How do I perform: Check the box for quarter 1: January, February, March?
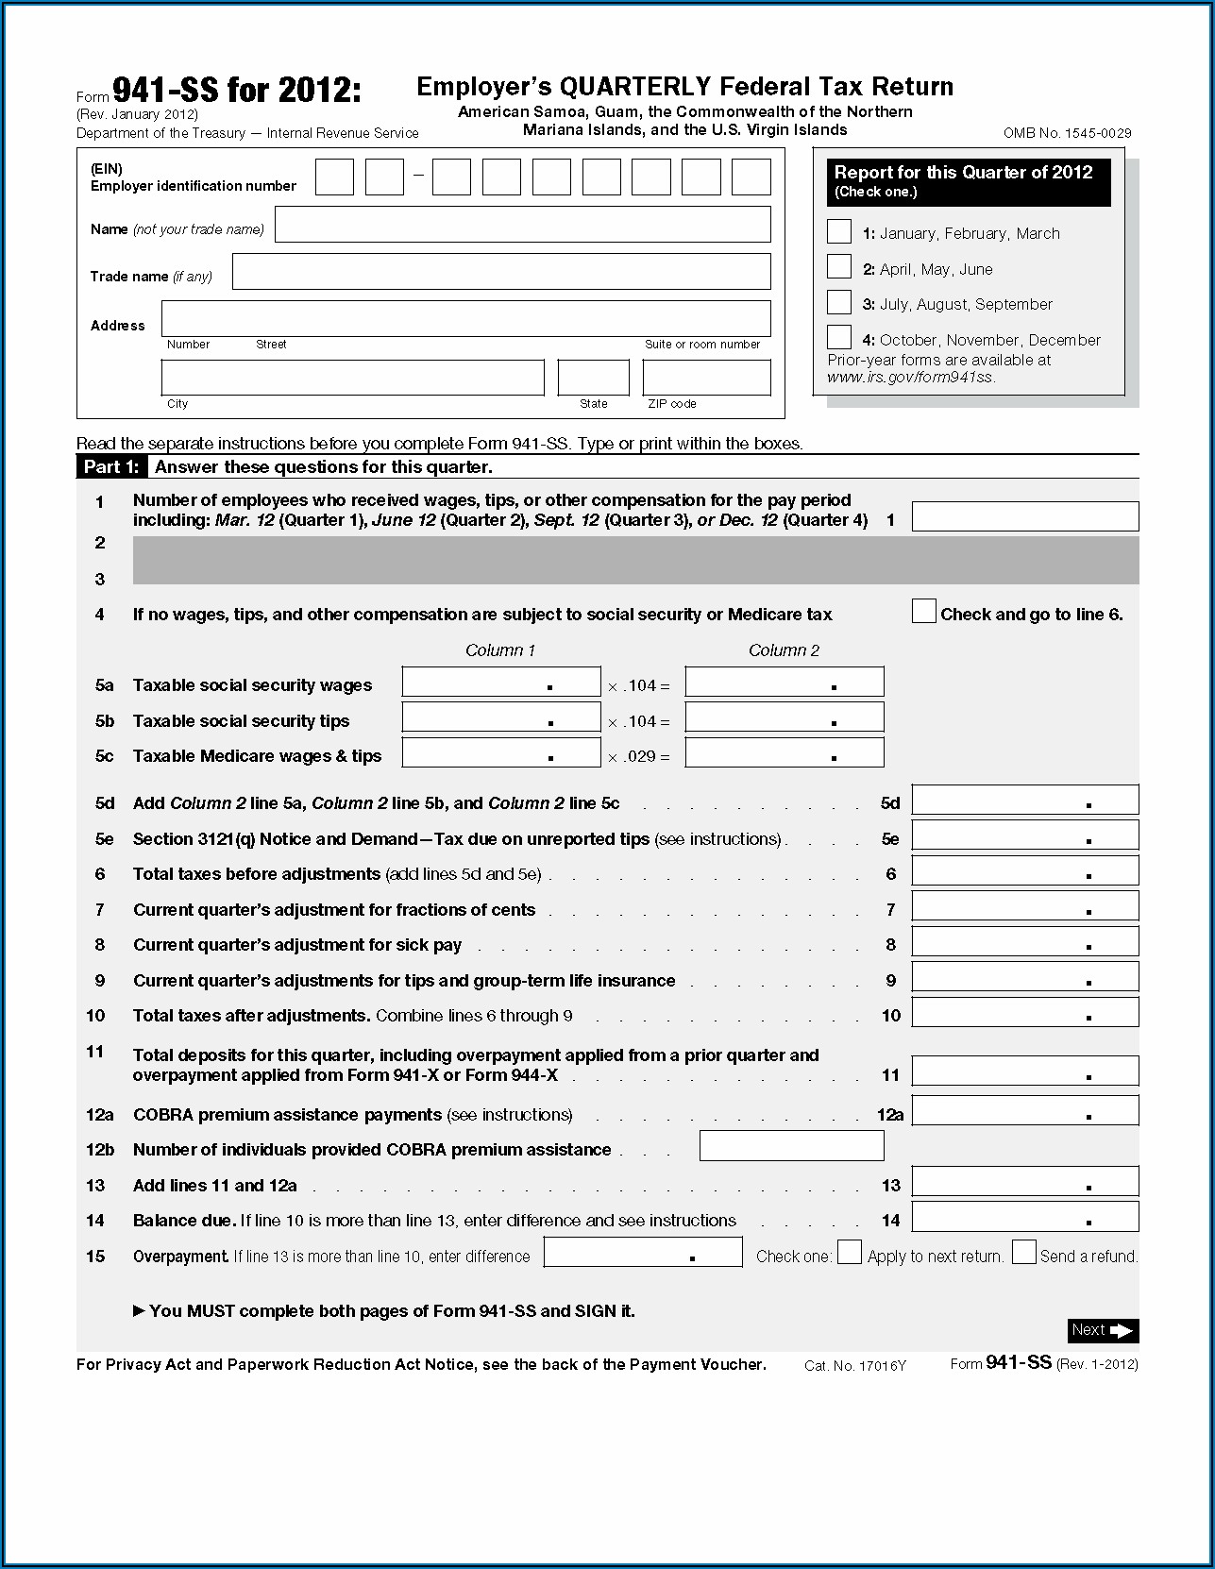[838, 231]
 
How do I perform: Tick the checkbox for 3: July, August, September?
[838, 302]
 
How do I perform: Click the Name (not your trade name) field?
[522, 225]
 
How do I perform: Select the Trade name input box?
[501, 272]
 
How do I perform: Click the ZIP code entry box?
[706, 378]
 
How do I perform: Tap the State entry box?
[593, 378]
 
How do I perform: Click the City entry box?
[352, 378]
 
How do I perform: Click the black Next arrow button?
[1103, 1330]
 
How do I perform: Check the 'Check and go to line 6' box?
[923, 612]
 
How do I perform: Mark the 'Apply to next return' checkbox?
[850, 1253]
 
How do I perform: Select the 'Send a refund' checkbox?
[1023, 1253]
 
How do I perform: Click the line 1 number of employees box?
[1024, 516]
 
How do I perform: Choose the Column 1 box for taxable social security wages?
[501, 682]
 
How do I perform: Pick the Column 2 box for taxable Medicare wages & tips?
[785, 752]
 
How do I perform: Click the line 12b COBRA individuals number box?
[791, 1146]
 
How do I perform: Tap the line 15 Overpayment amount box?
[643, 1253]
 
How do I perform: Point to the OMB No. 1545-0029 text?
[1067, 133]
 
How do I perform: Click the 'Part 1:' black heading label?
[111, 467]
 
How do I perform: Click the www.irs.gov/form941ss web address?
[910, 377]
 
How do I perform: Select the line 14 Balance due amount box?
[1024, 1217]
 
